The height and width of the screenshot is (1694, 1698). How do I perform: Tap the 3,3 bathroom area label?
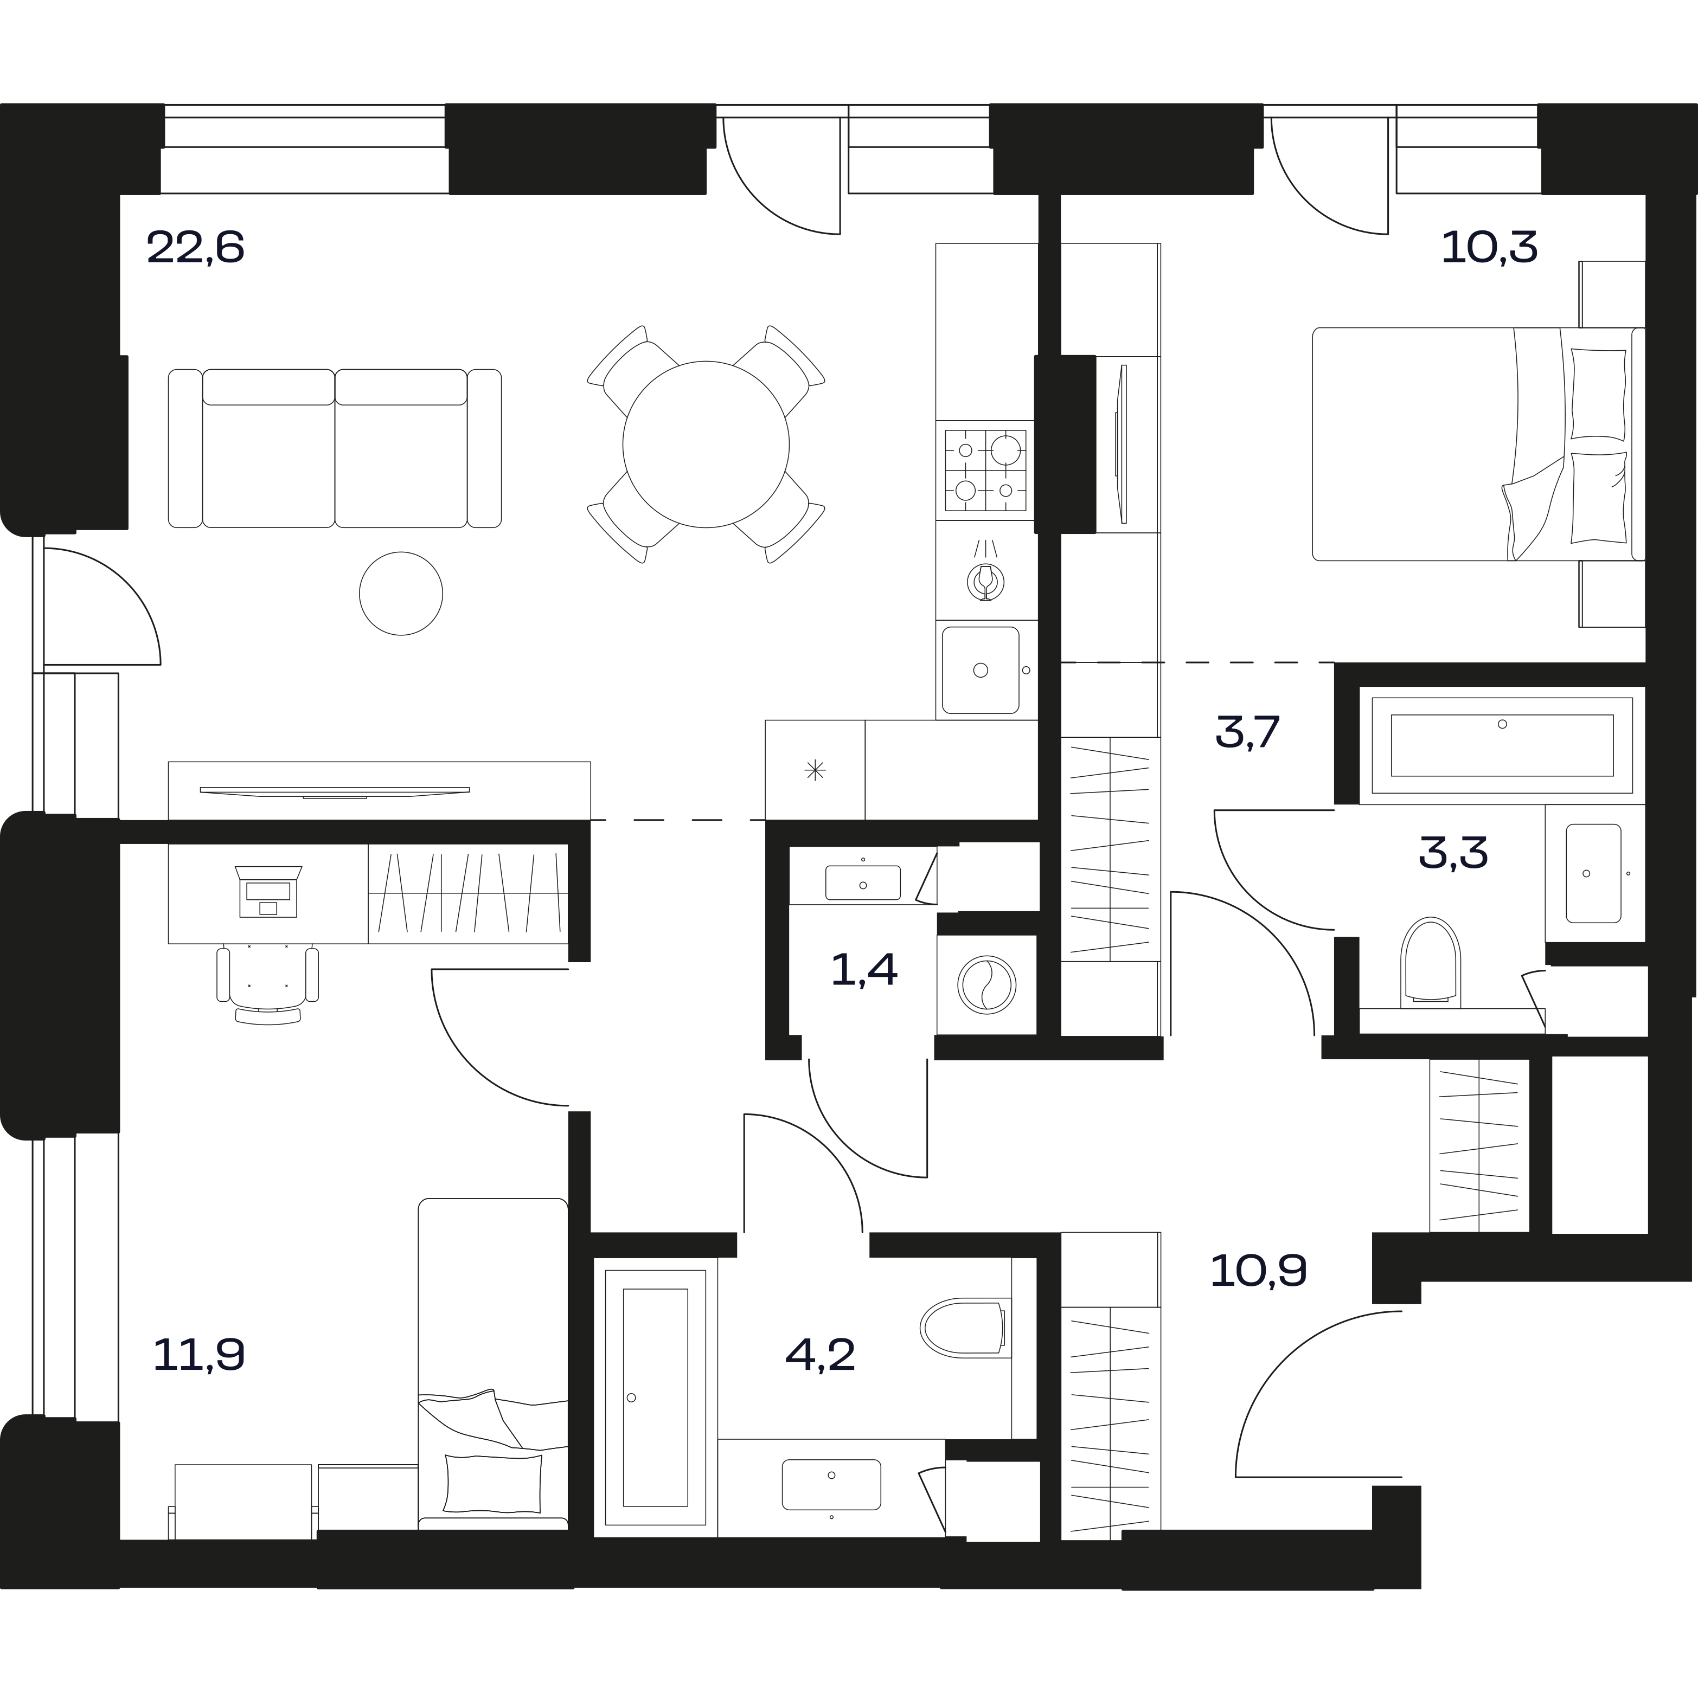[x=1453, y=852]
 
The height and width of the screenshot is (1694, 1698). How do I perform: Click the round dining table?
[x=706, y=445]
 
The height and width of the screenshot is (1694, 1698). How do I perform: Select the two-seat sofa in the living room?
[x=334, y=448]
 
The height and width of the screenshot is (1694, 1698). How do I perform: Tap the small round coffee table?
[x=401, y=593]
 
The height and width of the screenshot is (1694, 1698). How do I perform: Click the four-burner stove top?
[x=985, y=470]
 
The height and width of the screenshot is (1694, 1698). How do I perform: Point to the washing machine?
[x=987, y=984]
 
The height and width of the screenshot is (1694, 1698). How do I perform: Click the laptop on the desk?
[x=268, y=890]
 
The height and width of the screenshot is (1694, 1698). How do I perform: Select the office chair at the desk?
[x=268, y=982]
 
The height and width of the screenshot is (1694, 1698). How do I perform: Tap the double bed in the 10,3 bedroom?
[x=1477, y=444]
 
